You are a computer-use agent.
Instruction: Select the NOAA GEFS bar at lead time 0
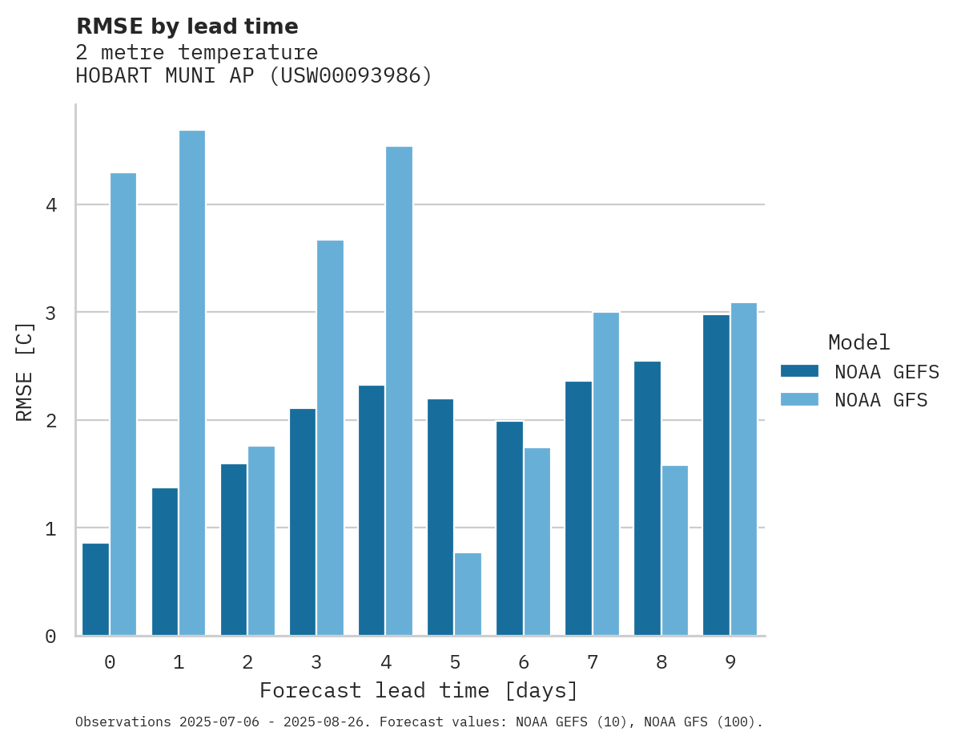pyautogui.click(x=95, y=589)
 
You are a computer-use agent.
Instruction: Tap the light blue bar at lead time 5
pyautogui.click(x=468, y=594)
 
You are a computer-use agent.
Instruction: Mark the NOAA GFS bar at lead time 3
pyautogui.click(x=330, y=438)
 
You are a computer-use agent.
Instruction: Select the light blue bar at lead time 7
pyautogui.click(x=605, y=474)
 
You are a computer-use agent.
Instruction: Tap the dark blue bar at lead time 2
pyautogui.click(x=234, y=550)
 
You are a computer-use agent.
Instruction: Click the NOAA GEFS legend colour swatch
pyautogui.click(x=799, y=371)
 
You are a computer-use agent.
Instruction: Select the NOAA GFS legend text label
pyautogui.click(x=881, y=400)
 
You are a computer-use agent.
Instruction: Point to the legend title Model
pyautogui.click(x=858, y=343)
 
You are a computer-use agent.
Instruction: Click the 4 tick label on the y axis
pyautogui.click(x=51, y=205)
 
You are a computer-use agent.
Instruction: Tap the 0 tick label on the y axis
pyautogui.click(x=51, y=637)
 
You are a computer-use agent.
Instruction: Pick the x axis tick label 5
pyautogui.click(x=455, y=663)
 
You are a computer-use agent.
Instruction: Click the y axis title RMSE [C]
pyautogui.click(x=26, y=371)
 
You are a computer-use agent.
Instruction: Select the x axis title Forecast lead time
pyautogui.click(x=419, y=691)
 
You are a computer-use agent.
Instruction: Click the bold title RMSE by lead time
pyautogui.click(x=187, y=26)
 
